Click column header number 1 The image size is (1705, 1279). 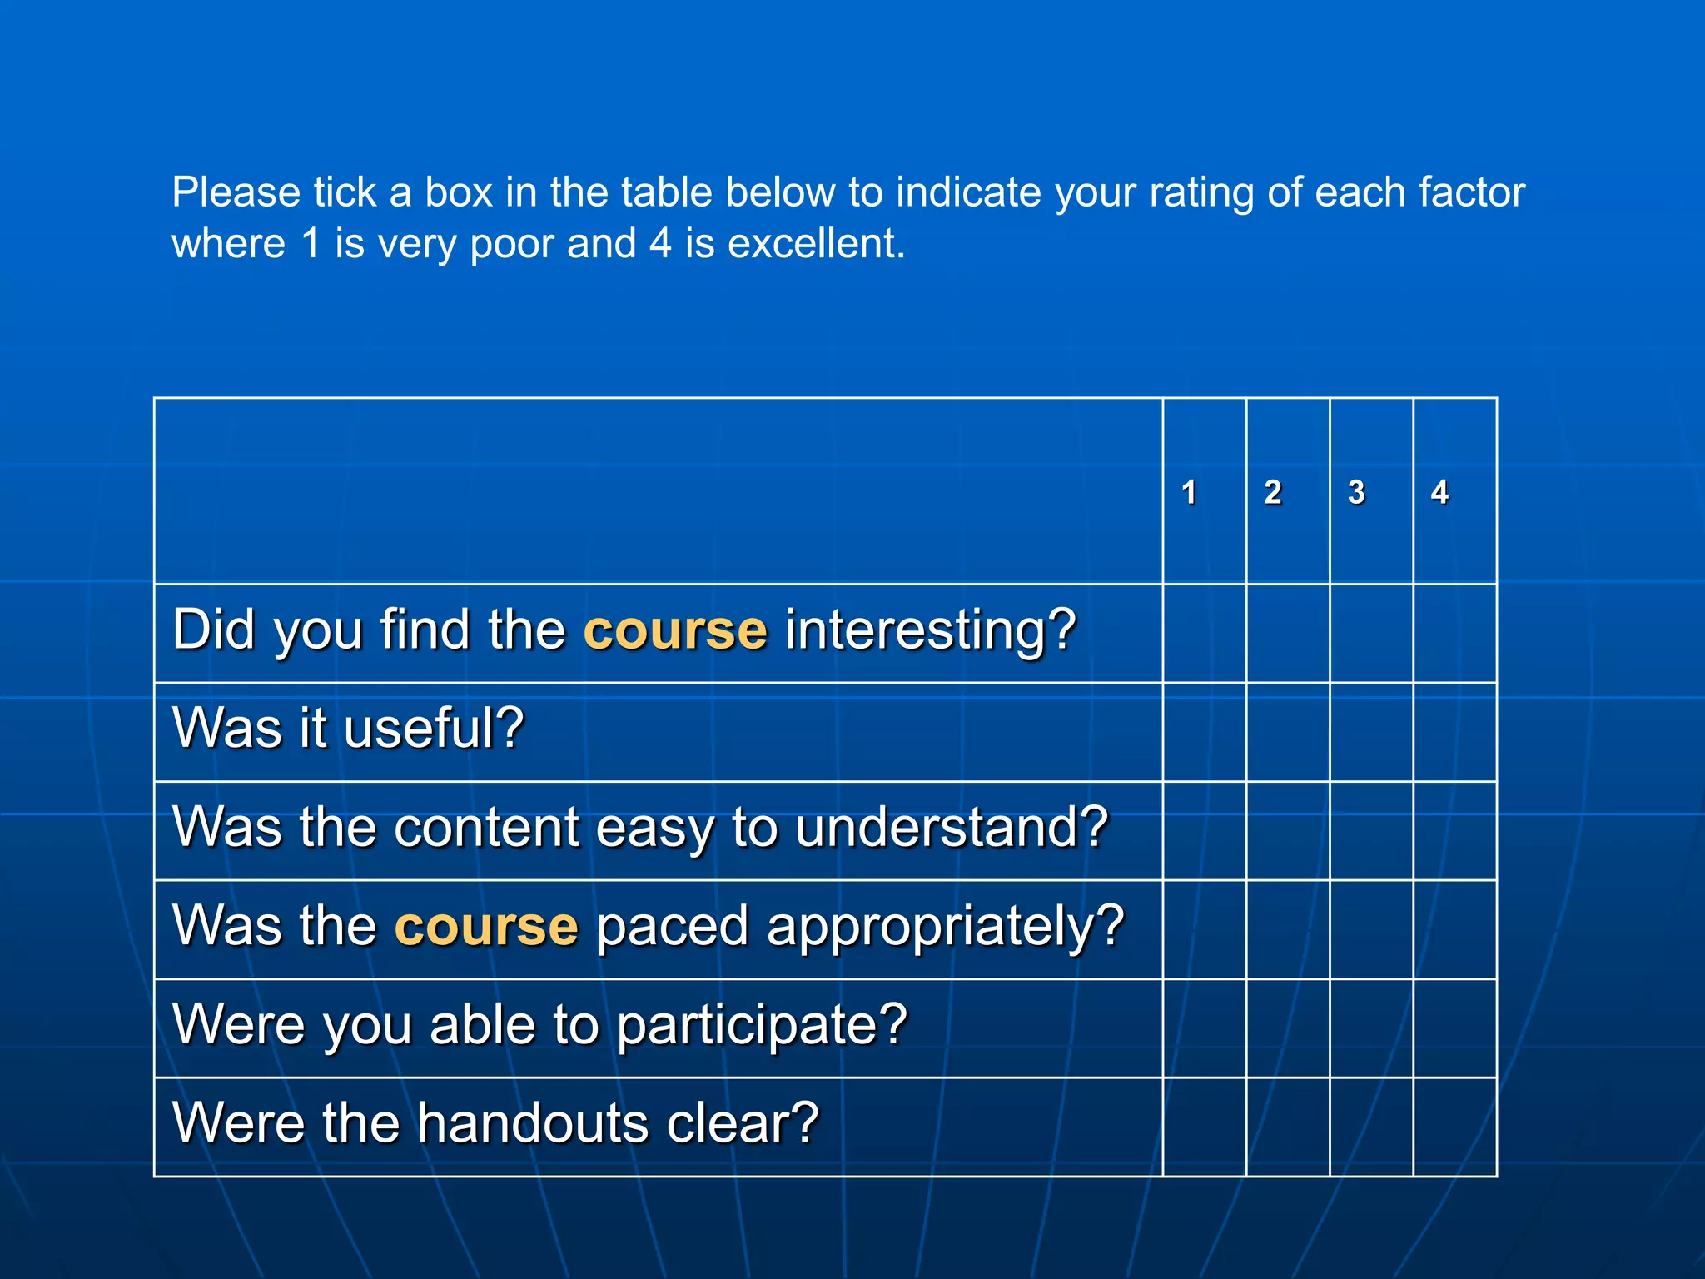pyautogui.click(x=1189, y=492)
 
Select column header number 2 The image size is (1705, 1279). pyautogui.click(x=1272, y=492)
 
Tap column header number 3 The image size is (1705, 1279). pyautogui.click(x=1356, y=492)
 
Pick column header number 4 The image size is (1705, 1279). pyautogui.click(x=1439, y=492)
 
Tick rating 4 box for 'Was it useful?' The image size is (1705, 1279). pyautogui.click(x=1454, y=732)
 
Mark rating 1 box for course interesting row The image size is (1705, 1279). pyautogui.click(x=1204, y=634)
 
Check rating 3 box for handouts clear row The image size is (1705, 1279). pyautogui.click(x=1371, y=1127)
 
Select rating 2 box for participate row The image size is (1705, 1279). pyautogui.click(x=1288, y=1028)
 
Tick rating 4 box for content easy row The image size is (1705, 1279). pyautogui.click(x=1454, y=831)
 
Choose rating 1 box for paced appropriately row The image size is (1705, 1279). pyautogui.click(x=1204, y=929)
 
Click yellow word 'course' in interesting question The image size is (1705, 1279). pyautogui.click(x=675, y=630)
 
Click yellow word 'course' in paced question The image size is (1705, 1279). pyautogui.click(x=485, y=926)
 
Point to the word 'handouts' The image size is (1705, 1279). pyautogui.click(x=533, y=1123)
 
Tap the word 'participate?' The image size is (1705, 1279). pyautogui.click(x=761, y=1025)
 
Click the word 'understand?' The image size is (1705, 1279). pyautogui.click(x=952, y=828)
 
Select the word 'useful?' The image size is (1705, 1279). pyautogui.click(x=433, y=729)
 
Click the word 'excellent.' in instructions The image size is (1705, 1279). pyautogui.click(x=816, y=244)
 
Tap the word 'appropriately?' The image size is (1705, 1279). pyautogui.click(x=945, y=926)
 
